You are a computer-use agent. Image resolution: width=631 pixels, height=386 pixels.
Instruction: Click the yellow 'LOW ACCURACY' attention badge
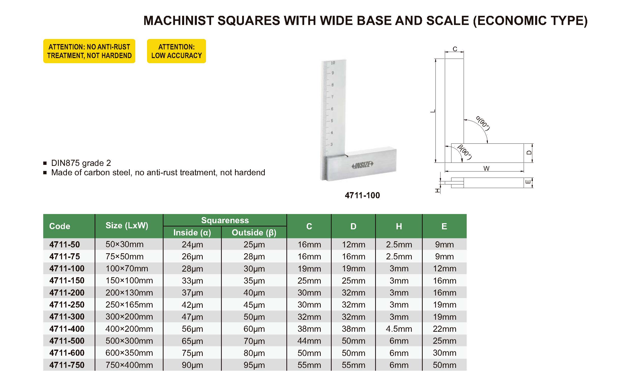click(176, 51)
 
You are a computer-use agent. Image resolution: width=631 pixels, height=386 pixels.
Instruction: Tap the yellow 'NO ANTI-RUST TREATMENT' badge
click(89, 51)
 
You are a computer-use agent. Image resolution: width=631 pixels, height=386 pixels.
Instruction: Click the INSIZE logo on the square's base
click(362, 165)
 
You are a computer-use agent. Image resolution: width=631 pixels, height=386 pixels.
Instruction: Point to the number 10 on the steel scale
click(333, 63)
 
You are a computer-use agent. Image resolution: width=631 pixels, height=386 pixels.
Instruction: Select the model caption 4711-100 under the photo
click(362, 195)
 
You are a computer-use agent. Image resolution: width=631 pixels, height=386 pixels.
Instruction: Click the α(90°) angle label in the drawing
click(483, 123)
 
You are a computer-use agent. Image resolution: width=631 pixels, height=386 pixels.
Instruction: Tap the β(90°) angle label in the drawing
click(465, 152)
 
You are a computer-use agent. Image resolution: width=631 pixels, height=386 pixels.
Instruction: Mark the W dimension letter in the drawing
click(486, 168)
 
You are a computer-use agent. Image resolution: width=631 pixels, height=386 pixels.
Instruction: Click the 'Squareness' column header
click(225, 220)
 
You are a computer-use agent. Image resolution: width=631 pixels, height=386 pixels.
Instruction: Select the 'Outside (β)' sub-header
click(254, 233)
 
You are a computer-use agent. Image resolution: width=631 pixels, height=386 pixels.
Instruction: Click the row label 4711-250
click(67, 305)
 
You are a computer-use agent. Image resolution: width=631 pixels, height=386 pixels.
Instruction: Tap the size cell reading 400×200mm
click(129, 329)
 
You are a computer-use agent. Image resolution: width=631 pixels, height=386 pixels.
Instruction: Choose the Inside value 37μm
click(192, 293)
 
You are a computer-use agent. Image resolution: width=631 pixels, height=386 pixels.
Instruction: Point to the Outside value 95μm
click(254, 365)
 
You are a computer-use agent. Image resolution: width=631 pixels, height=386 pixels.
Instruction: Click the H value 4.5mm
click(399, 329)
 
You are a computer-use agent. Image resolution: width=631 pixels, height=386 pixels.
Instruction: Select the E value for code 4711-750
click(444, 365)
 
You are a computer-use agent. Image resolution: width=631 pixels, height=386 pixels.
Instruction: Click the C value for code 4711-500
click(309, 341)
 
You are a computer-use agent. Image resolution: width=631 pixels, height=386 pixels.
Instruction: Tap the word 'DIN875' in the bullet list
click(65, 163)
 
